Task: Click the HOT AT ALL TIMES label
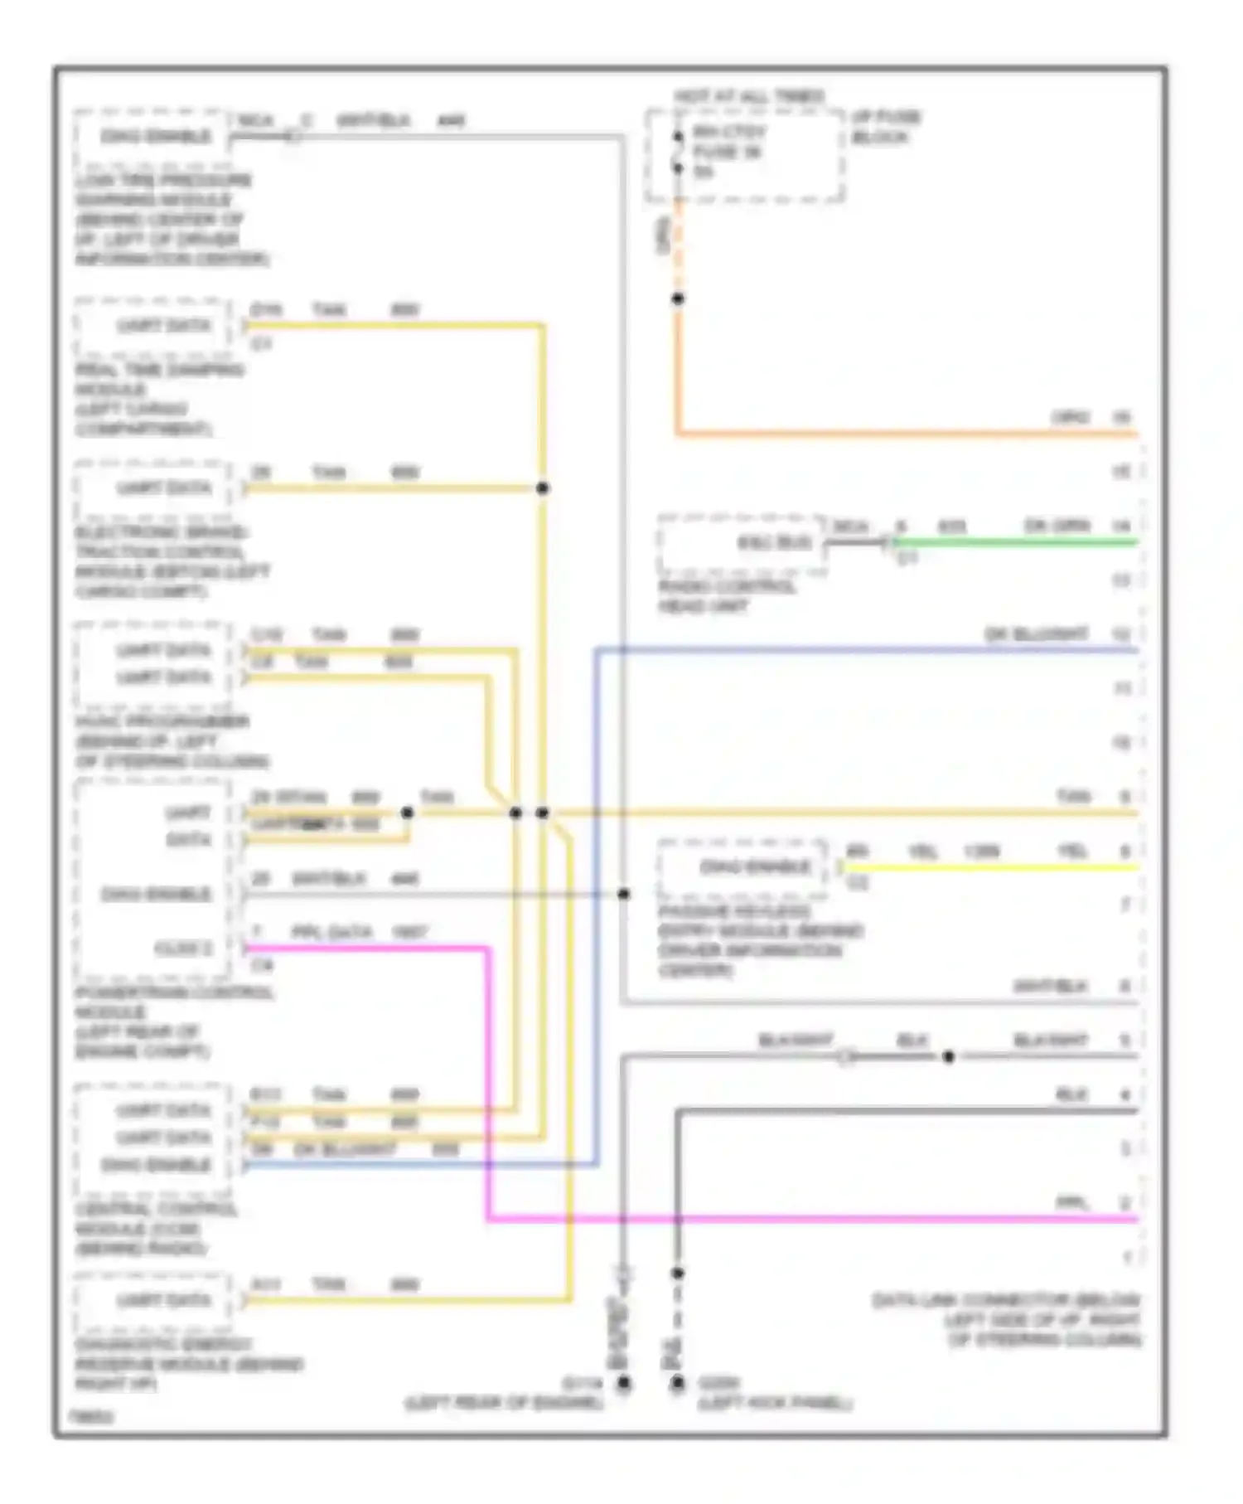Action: (748, 97)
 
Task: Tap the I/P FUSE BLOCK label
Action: (885, 127)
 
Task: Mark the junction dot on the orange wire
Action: (678, 298)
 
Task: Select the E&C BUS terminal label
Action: (774, 543)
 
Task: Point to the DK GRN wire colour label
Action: (1057, 526)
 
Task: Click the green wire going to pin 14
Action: (1011, 543)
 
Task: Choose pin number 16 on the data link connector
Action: (1121, 417)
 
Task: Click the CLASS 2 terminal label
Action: (183, 948)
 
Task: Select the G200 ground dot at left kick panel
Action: (678, 1383)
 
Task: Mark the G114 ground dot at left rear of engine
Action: (623, 1383)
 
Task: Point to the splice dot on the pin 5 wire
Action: (949, 1056)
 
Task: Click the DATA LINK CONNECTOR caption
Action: (1006, 1320)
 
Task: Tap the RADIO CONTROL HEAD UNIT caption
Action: (727, 597)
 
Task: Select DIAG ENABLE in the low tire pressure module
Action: (155, 136)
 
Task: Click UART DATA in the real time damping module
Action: (163, 326)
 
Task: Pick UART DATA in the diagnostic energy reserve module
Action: (163, 1300)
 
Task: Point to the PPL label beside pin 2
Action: (1071, 1203)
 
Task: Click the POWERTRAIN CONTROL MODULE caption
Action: (174, 1022)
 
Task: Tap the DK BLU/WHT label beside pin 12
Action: (1036, 634)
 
